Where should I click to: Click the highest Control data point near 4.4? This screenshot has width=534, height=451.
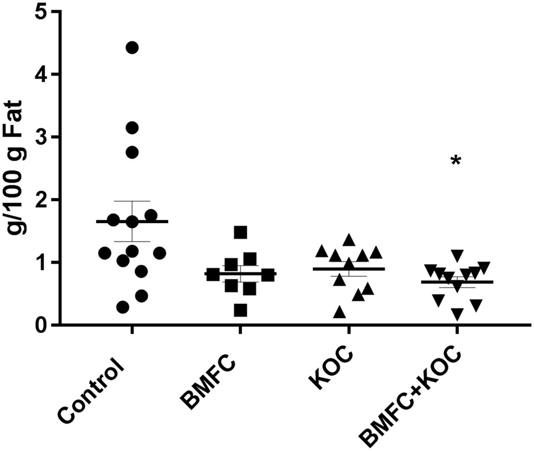(x=132, y=48)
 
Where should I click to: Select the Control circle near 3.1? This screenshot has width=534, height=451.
(x=132, y=128)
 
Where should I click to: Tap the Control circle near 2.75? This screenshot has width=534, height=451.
(x=132, y=152)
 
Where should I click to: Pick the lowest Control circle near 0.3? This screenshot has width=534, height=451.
(x=123, y=307)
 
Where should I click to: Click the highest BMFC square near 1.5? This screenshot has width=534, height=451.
(x=240, y=232)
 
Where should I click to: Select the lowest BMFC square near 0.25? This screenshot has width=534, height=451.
(x=240, y=310)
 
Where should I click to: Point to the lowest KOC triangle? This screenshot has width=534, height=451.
(x=339, y=312)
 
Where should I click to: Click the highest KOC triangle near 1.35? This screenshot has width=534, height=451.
(x=349, y=240)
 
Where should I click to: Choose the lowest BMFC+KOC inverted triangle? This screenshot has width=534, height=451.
(x=457, y=315)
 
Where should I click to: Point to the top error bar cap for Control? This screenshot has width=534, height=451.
(x=132, y=201)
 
